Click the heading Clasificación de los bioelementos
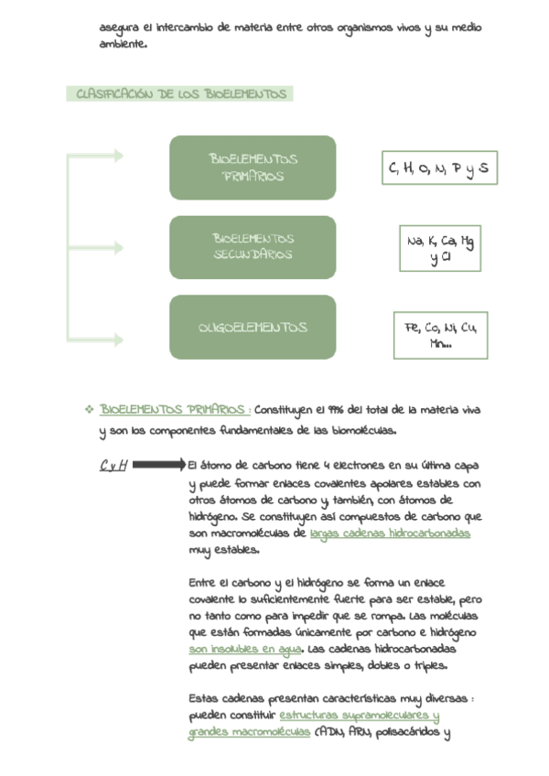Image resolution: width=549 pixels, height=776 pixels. tap(180, 94)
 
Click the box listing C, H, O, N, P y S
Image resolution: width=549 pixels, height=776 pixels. tap(439, 168)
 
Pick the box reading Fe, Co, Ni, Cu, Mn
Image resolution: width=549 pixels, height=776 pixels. tap(440, 335)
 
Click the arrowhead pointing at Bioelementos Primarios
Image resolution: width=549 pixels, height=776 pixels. tap(118, 156)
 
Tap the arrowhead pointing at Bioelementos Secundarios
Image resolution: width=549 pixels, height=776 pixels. tap(118, 248)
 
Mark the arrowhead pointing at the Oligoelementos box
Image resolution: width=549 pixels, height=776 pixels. tap(118, 339)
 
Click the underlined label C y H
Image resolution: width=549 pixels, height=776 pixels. tap(113, 465)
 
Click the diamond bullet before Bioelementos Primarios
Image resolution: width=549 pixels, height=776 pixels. tap(89, 409)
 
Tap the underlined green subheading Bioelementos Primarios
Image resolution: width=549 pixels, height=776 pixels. tap(173, 409)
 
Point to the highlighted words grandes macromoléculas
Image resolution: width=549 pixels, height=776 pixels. tap(249, 733)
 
